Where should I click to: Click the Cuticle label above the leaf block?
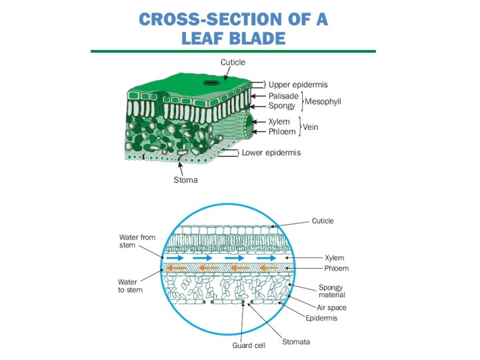point(233,62)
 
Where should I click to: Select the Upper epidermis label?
point(297,85)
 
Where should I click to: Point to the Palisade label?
point(283,96)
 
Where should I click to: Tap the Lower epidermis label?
point(271,153)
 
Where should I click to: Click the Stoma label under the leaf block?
point(185,180)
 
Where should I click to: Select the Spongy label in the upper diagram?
point(281,106)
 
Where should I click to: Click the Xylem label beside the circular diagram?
point(335,257)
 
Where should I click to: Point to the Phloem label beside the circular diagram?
point(336,269)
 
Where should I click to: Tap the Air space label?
point(331,308)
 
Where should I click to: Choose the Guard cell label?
point(249,345)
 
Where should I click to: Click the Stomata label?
point(296,342)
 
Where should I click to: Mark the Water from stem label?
point(137,241)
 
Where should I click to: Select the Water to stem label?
point(130,285)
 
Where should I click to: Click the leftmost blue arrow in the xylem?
point(177,257)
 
